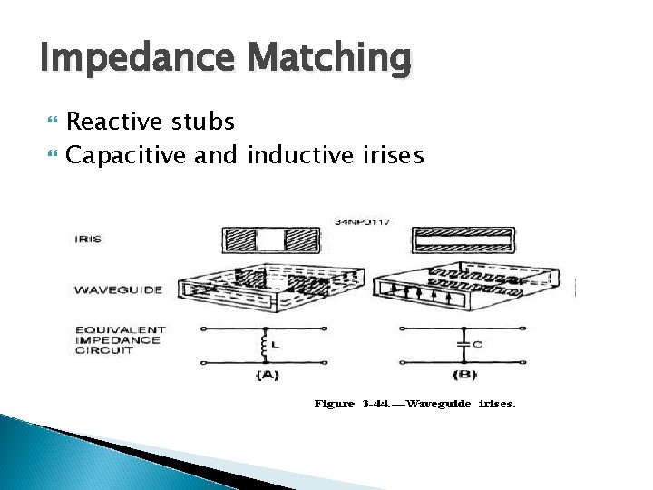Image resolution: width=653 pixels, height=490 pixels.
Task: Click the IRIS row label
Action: (x=89, y=240)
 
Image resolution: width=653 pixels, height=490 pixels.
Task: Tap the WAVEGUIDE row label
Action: (x=118, y=289)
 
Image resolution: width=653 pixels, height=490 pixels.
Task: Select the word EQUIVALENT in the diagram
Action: (x=121, y=329)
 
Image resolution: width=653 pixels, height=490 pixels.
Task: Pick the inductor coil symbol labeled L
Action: (x=265, y=345)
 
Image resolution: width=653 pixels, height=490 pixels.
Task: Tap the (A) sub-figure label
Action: (x=267, y=374)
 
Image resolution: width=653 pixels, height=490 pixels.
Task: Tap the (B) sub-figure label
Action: (x=463, y=374)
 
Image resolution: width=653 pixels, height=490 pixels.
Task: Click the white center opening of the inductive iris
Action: (x=269, y=240)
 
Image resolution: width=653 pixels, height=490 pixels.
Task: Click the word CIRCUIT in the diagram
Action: (x=104, y=350)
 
